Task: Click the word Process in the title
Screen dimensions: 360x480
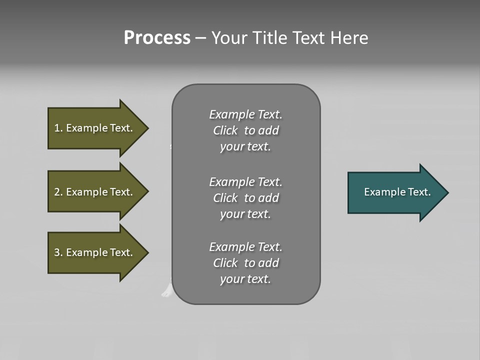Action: click(157, 38)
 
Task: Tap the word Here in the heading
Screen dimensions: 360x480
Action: click(349, 38)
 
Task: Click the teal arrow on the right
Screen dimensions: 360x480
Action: click(395, 192)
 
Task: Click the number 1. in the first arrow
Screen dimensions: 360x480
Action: click(58, 128)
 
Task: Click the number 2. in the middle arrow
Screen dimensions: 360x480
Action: click(58, 192)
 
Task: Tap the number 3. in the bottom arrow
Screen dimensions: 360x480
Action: click(58, 252)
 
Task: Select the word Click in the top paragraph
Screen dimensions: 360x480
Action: click(225, 131)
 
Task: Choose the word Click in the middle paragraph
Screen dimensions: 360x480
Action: click(225, 198)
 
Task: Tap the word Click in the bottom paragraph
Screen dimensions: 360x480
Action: click(225, 263)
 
